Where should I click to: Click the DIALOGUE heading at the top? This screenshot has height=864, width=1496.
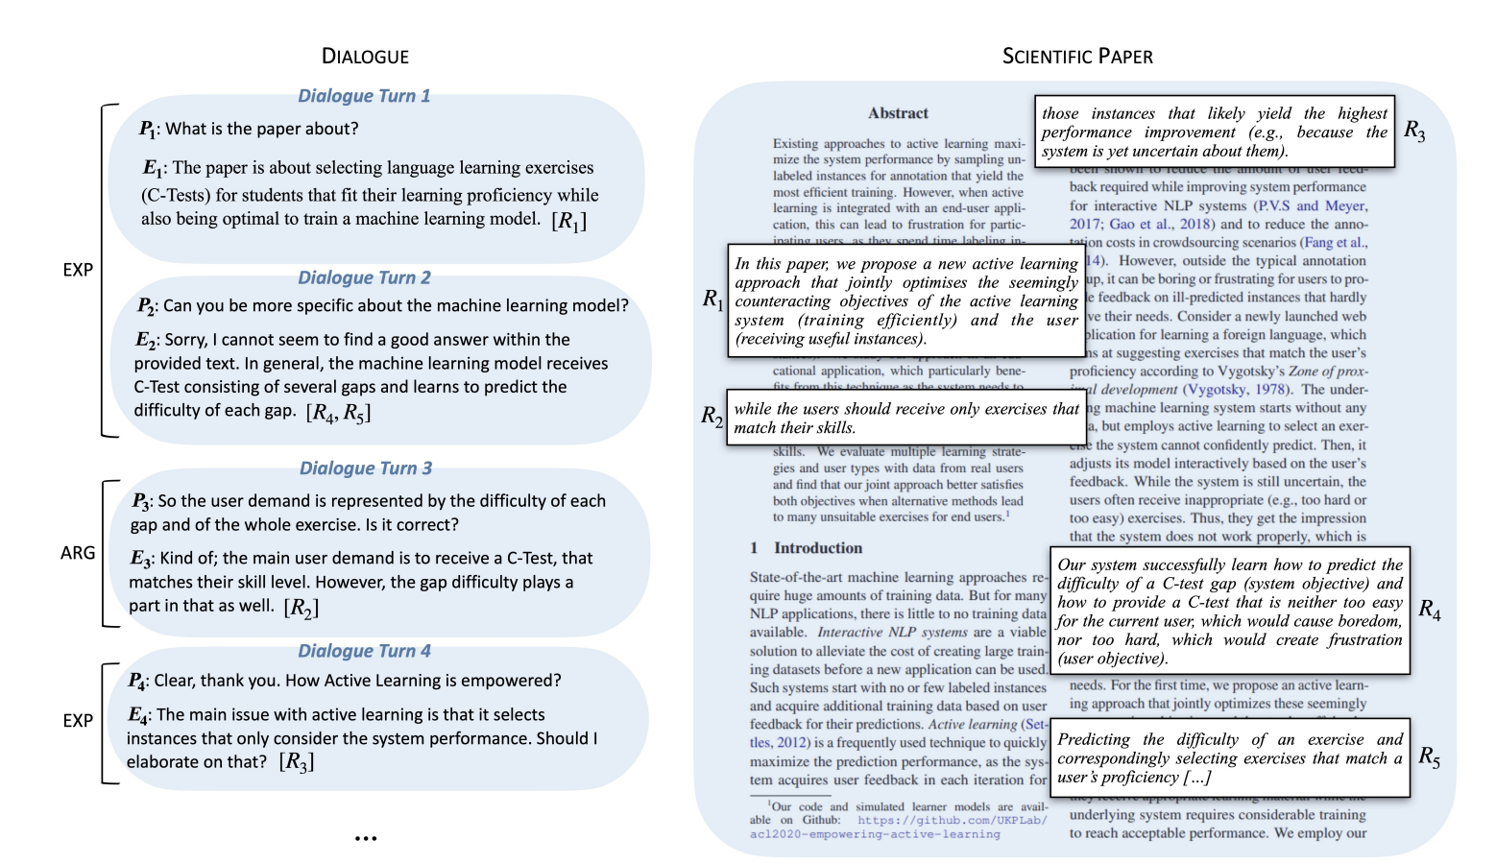(x=365, y=57)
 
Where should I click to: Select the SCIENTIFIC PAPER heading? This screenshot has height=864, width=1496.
(x=1077, y=57)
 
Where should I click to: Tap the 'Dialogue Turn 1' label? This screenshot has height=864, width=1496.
(x=364, y=96)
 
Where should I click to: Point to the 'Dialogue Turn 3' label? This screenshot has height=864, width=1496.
(x=366, y=468)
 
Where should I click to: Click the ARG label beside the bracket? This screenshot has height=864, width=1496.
(x=78, y=553)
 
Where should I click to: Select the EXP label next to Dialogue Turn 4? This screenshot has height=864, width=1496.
(x=78, y=721)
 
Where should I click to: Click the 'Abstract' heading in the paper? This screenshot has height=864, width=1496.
(x=898, y=113)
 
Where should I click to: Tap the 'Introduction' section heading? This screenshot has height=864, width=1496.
(x=817, y=548)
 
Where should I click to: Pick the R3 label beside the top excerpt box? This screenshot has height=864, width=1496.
(x=1414, y=131)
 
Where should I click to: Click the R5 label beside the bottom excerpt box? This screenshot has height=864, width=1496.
(x=1429, y=757)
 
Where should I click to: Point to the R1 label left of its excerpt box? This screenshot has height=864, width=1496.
(x=712, y=300)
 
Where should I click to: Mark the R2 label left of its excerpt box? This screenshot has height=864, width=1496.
(x=712, y=416)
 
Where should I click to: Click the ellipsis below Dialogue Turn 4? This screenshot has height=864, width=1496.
(x=366, y=838)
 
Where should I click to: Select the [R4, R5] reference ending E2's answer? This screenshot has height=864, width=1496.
(x=338, y=413)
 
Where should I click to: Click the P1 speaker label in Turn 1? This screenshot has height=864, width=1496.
(x=147, y=130)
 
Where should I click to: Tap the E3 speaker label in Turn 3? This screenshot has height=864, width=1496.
(x=140, y=559)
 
